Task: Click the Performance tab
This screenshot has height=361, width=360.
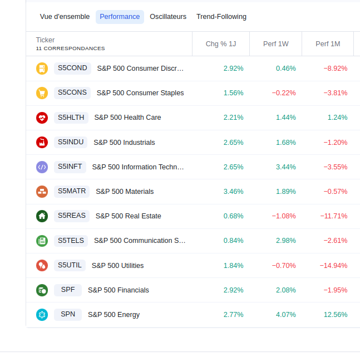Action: click(120, 17)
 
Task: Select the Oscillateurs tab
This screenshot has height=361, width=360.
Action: click(168, 17)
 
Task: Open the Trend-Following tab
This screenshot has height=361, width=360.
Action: click(221, 17)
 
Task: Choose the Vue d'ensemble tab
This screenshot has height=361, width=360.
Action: click(65, 17)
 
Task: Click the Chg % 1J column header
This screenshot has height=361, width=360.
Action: click(221, 43)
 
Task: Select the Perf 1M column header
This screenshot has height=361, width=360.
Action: click(328, 43)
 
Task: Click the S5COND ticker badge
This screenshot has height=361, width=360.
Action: click(72, 69)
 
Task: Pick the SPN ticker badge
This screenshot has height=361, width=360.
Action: click(68, 314)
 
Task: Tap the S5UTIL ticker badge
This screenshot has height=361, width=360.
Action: click(70, 265)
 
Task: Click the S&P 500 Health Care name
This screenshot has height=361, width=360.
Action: click(127, 118)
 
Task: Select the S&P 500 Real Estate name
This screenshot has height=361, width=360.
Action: click(128, 216)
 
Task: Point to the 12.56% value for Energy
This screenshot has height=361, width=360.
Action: click(336, 315)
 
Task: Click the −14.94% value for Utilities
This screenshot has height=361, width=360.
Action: click(333, 265)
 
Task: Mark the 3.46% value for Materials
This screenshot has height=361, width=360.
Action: click(233, 192)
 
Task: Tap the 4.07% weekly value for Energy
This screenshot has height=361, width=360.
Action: click(285, 315)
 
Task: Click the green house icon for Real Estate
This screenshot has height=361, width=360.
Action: click(42, 216)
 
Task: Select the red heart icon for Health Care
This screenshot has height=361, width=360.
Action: click(42, 118)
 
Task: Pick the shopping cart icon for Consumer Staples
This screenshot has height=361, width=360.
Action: click(42, 93)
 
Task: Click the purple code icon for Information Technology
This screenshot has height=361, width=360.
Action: click(42, 167)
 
